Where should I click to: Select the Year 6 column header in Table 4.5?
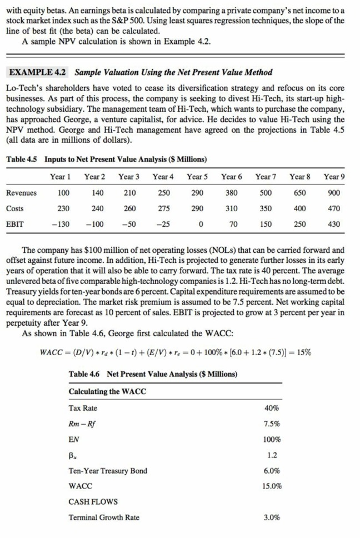click(232, 177)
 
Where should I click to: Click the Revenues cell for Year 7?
click(266, 193)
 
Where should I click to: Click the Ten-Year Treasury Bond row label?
click(108, 471)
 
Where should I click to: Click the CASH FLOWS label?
click(93, 502)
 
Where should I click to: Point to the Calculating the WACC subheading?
click(107, 392)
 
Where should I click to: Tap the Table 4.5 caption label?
click(22, 160)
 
